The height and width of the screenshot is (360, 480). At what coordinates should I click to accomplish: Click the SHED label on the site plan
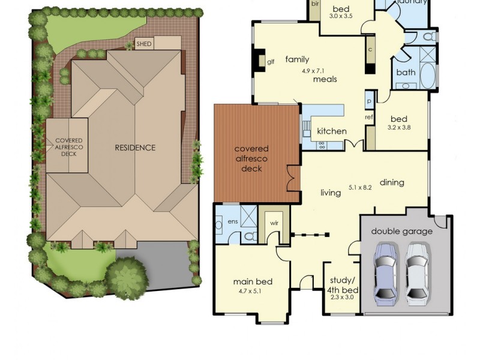tap(144, 44)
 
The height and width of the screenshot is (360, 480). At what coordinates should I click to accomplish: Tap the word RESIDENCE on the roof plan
tap(135, 148)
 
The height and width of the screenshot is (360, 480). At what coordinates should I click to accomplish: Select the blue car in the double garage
tap(385, 271)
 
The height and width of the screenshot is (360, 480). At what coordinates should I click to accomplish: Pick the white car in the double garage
tap(417, 271)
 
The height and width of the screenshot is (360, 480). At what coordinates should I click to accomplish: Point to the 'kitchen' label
tap(332, 131)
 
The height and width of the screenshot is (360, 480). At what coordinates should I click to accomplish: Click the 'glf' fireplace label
tap(271, 61)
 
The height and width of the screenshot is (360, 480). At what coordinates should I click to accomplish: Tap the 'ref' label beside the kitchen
tap(369, 118)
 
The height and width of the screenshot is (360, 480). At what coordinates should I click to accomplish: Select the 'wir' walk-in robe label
tap(274, 223)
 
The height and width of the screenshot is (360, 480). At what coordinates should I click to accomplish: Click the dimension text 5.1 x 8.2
tap(360, 187)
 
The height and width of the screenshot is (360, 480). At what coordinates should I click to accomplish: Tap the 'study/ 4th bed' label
tap(343, 284)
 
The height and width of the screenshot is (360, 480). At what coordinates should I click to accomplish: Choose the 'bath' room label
tap(406, 73)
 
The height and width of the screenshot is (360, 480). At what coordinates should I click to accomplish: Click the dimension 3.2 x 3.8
tap(400, 127)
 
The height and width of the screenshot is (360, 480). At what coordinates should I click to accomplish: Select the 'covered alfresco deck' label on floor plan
tap(251, 158)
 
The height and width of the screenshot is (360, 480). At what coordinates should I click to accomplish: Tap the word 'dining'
tap(392, 182)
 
